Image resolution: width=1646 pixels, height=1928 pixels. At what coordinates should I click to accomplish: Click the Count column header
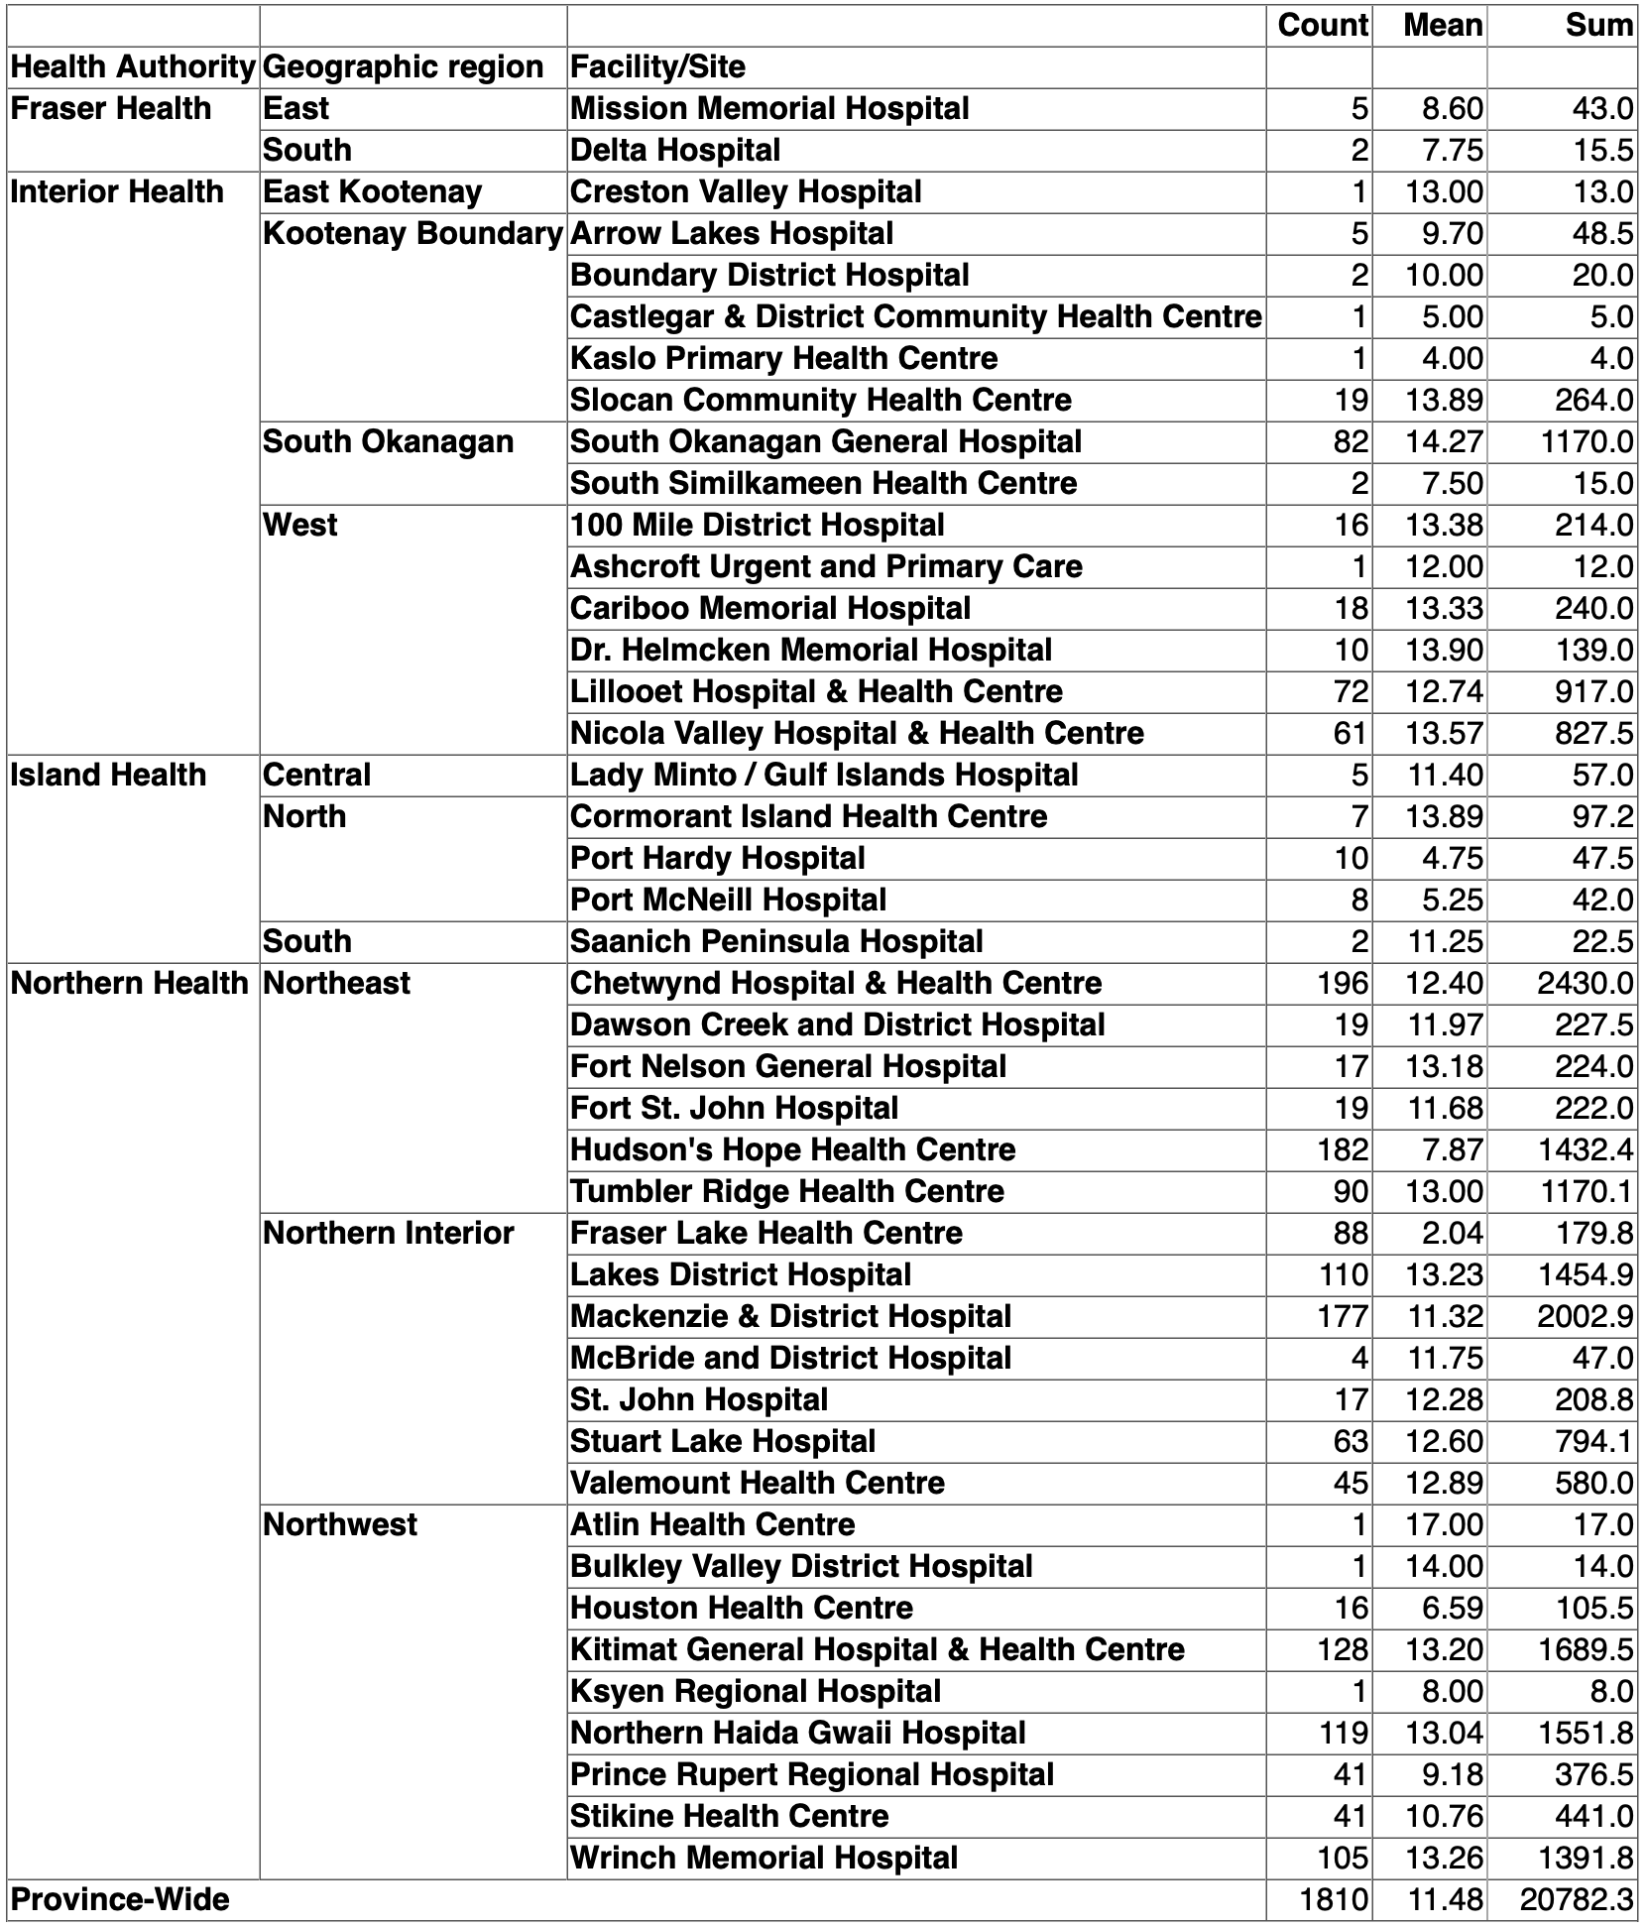[1323, 25]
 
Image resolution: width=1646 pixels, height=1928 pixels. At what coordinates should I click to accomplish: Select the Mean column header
[1443, 25]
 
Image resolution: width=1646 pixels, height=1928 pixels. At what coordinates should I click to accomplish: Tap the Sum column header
[1598, 25]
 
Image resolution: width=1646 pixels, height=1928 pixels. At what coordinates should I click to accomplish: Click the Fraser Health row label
[111, 108]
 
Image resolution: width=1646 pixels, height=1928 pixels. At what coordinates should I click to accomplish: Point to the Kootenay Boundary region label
[412, 233]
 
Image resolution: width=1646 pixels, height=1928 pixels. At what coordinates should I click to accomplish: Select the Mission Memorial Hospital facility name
[769, 108]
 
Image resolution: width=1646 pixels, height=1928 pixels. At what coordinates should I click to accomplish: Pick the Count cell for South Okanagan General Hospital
[1351, 441]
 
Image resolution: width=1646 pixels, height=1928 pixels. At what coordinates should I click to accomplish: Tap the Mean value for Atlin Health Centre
[1444, 1524]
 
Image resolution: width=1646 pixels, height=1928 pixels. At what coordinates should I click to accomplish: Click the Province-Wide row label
[120, 1899]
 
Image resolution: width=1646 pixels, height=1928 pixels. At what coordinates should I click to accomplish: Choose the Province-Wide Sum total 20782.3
[1577, 1899]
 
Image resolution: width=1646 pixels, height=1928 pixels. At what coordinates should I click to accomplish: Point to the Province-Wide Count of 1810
[1335, 1899]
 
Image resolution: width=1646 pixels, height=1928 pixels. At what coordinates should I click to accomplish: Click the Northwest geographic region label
[340, 1524]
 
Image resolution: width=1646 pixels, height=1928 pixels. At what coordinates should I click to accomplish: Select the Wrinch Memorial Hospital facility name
[764, 1858]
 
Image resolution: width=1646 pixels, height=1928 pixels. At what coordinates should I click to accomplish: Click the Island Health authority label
[108, 775]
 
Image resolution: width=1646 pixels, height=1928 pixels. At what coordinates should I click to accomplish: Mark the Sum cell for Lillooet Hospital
[1594, 691]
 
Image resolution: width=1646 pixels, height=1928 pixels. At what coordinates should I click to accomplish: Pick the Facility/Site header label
[657, 66]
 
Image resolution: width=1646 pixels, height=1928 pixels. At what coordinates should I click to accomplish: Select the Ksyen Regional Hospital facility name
[756, 1691]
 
